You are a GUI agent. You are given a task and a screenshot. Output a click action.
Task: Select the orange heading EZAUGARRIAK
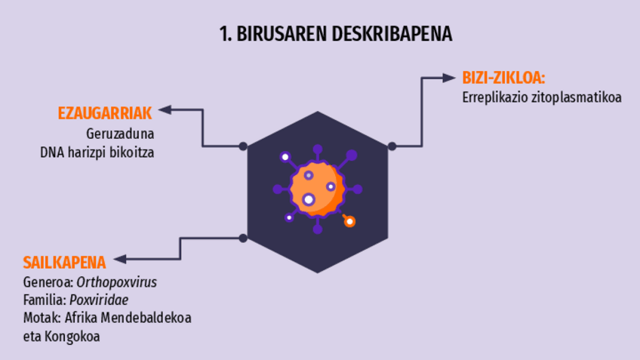[105, 113]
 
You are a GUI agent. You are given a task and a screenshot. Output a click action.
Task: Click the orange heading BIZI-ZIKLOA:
[503, 78]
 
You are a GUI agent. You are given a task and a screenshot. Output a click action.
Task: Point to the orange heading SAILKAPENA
[64, 263]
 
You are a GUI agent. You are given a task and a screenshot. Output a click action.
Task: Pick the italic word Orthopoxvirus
[122, 282]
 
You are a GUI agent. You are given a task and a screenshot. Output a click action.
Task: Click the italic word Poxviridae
[104, 300]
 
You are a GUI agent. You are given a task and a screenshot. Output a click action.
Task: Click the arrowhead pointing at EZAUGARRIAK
[164, 111]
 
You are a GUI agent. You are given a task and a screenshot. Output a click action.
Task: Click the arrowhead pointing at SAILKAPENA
[119, 260]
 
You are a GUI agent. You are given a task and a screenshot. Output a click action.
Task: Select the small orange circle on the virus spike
[349, 221]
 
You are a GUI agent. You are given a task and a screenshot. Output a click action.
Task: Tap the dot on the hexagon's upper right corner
[392, 146]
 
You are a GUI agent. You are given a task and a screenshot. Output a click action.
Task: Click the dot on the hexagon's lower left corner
[243, 238]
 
